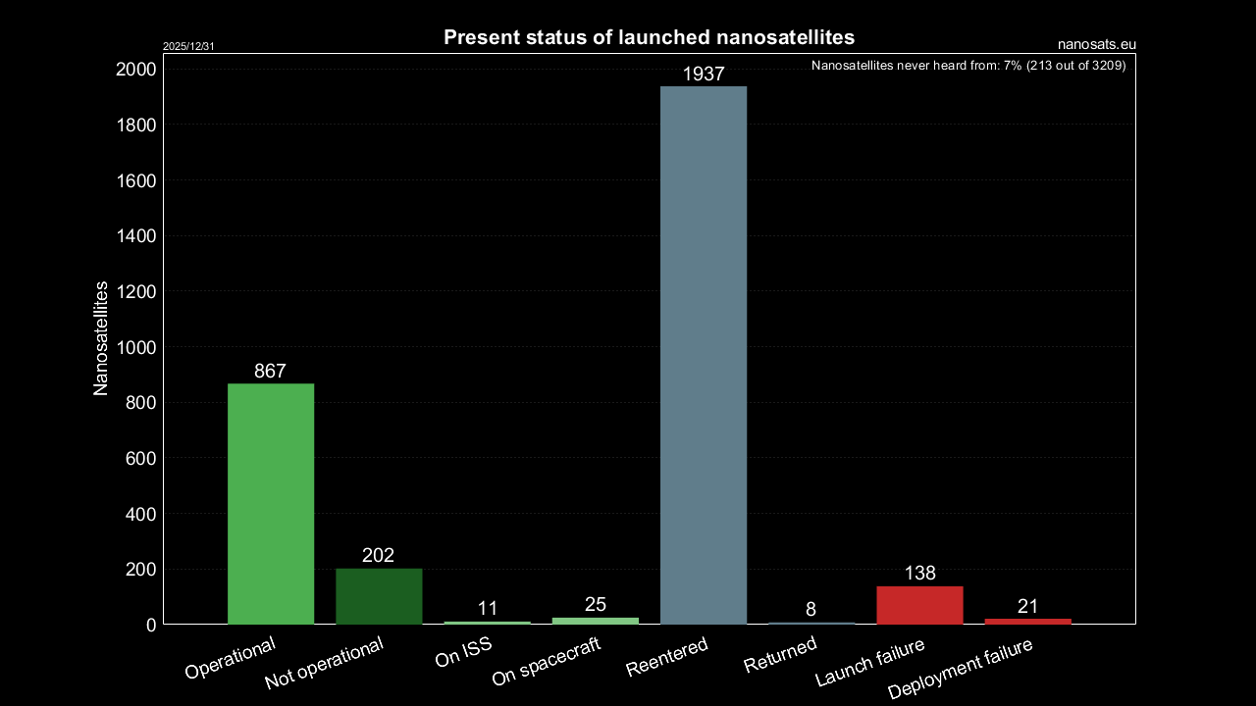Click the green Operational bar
[x=271, y=504]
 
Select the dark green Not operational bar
[x=379, y=596]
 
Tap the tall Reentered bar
[x=704, y=355]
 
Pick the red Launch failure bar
[x=919, y=605]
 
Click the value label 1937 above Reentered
[x=704, y=74]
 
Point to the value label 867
[x=270, y=371]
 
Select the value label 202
[x=378, y=556]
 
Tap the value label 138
[x=919, y=574]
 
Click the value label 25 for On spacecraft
[x=595, y=604]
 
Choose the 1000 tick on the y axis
[x=135, y=347]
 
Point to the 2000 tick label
[x=135, y=70]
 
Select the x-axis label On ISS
[x=463, y=653]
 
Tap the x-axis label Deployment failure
[x=961, y=667]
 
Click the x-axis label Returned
[x=780, y=654]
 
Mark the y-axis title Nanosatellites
[x=100, y=338]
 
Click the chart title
[x=650, y=37]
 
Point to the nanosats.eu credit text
[x=1097, y=44]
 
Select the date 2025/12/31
[x=188, y=46]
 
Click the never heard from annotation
[x=968, y=67]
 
